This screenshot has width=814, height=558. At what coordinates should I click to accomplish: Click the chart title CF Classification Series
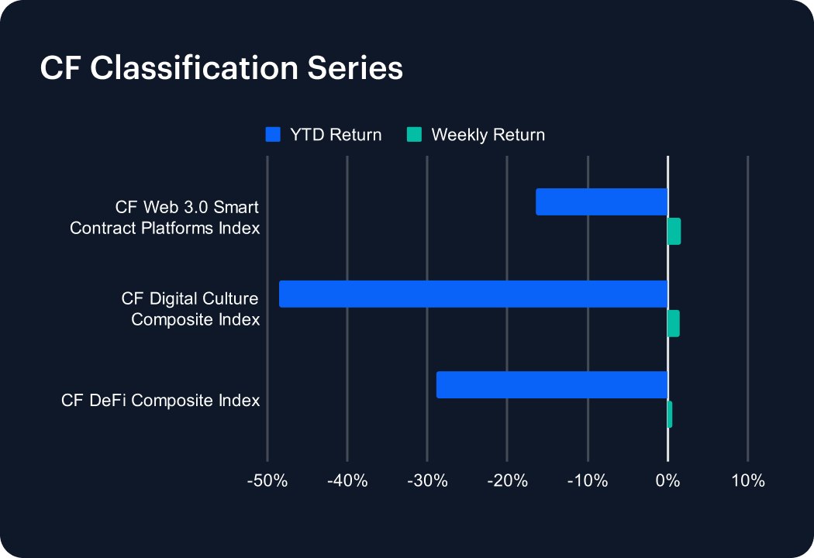(x=221, y=68)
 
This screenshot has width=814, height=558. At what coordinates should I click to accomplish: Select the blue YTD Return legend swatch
(x=272, y=135)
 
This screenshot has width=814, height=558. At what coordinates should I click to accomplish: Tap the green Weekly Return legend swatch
(x=415, y=135)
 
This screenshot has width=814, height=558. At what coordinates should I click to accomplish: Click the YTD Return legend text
(x=336, y=135)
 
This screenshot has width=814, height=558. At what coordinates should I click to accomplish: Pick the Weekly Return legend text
(x=488, y=135)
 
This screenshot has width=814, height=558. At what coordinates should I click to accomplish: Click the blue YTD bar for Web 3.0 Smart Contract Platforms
(x=602, y=201)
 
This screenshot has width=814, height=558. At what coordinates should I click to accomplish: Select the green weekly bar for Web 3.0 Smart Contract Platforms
(x=674, y=231)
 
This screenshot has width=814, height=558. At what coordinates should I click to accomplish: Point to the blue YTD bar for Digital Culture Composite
(x=473, y=294)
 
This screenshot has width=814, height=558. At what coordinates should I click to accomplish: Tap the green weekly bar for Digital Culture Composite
(x=673, y=323)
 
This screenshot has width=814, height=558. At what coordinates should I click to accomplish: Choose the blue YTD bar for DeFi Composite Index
(x=552, y=384)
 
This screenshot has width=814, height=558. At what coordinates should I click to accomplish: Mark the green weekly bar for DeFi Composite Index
(x=670, y=415)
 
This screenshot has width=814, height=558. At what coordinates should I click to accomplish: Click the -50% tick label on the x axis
(x=267, y=480)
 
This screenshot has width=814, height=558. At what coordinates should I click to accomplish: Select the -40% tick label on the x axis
(x=347, y=480)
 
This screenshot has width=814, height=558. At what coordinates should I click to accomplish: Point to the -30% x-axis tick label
(x=427, y=480)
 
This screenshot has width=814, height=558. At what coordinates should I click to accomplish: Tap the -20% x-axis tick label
(x=507, y=480)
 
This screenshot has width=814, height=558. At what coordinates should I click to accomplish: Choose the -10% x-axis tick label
(x=588, y=480)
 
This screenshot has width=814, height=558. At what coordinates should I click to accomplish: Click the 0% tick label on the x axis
(x=667, y=480)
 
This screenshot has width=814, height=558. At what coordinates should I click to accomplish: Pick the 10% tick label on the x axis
(x=747, y=480)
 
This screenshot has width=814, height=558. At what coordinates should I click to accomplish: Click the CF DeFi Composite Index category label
(x=160, y=401)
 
